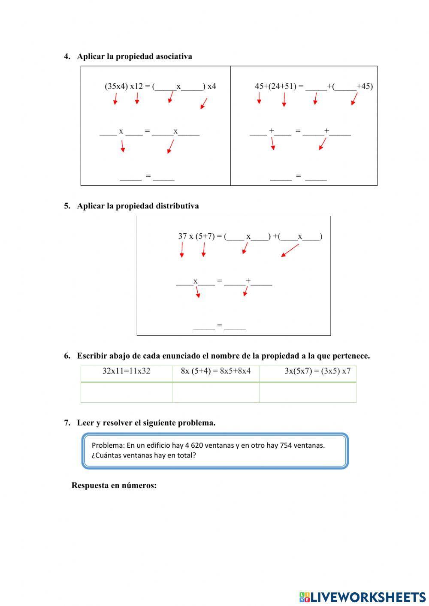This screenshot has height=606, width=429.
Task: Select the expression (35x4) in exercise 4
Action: (x=116, y=86)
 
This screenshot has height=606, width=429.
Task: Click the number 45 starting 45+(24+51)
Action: (x=259, y=86)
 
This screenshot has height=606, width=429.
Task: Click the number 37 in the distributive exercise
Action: (x=183, y=236)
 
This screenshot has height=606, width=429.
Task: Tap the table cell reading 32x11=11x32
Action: (x=127, y=371)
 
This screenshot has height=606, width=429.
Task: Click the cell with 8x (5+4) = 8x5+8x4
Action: (x=216, y=371)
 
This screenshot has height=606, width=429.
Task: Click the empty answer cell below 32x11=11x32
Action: (x=127, y=392)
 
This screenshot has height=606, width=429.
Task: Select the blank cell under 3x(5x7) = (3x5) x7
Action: (x=308, y=392)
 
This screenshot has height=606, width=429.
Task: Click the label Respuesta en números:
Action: (x=114, y=485)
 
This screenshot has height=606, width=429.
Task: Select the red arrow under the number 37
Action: (x=182, y=250)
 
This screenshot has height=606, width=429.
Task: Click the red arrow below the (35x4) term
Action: (x=115, y=99)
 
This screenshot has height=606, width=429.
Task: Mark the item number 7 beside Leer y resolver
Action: (x=67, y=423)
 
